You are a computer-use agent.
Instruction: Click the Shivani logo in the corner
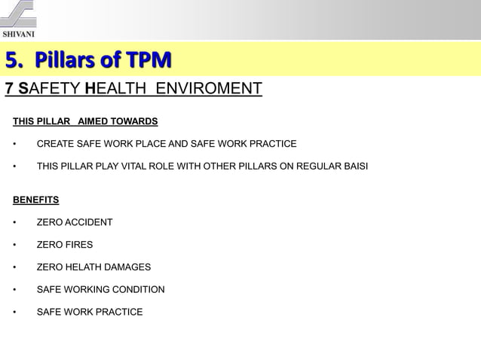click(18, 18)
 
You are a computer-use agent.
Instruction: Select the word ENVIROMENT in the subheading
click(210, 90)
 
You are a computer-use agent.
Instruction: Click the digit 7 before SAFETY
click(9, 90)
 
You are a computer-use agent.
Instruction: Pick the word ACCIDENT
click(88, 222)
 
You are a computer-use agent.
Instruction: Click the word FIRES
click(79, 245)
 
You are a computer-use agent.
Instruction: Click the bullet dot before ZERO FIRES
click(15, 245)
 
